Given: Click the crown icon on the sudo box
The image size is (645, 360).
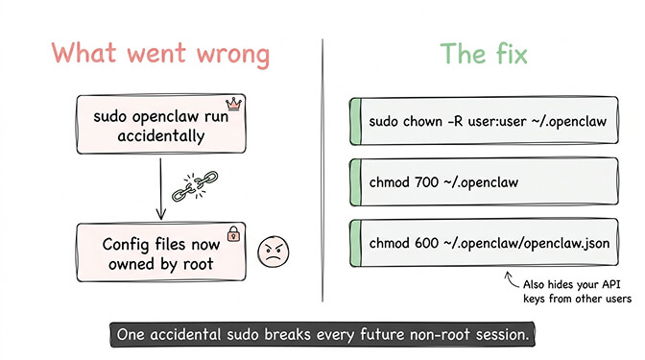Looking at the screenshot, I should pyautogui.click(x=231, y=103).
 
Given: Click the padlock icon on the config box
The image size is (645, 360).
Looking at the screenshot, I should pyautogui.click(x=231, y=233).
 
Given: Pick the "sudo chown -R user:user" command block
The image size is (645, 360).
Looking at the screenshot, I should pyautogui.click(x=483, y=122).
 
